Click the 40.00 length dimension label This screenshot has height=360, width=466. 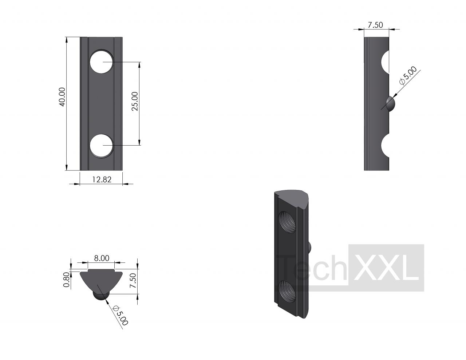[63, 97]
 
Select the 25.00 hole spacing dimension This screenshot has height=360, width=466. [135, 101]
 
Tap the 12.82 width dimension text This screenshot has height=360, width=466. [102, 179]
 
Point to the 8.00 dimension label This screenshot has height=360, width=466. [102, 258]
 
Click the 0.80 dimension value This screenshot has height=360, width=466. [67, 280]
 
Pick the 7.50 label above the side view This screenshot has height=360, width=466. [375, 25]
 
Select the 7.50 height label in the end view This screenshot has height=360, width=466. [133, 281]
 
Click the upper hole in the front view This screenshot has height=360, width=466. [102, 62]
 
